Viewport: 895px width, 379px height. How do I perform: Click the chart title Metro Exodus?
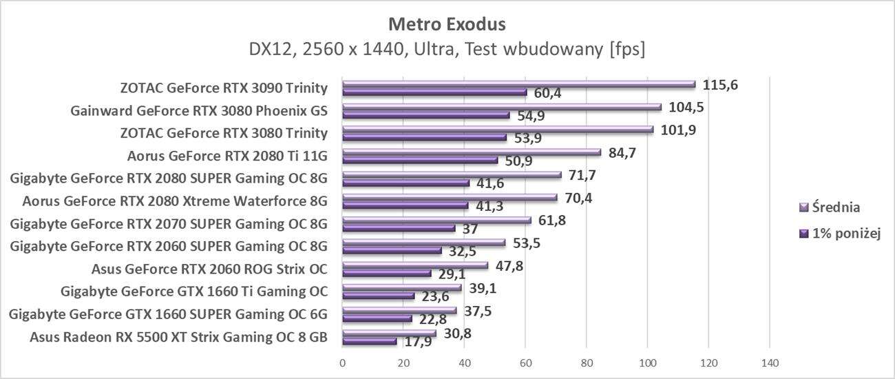(447, 24)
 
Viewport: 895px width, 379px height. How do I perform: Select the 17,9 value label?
(419, 342)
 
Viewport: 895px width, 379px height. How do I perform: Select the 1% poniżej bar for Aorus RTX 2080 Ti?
(420, 161)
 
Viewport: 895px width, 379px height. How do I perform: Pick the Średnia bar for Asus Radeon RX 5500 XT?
(389, 334)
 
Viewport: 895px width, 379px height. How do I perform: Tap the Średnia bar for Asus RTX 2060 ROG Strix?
(415, 265)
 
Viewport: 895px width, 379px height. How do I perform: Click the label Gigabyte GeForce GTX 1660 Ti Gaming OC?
(194, 291)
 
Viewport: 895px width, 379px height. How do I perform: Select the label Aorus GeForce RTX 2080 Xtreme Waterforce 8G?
(175, 201)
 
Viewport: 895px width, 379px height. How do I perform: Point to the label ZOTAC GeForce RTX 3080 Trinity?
(224, 133)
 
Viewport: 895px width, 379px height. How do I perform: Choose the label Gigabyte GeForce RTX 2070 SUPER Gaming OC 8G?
(169, 224)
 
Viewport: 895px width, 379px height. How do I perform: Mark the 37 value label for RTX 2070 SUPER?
(470, 229)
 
